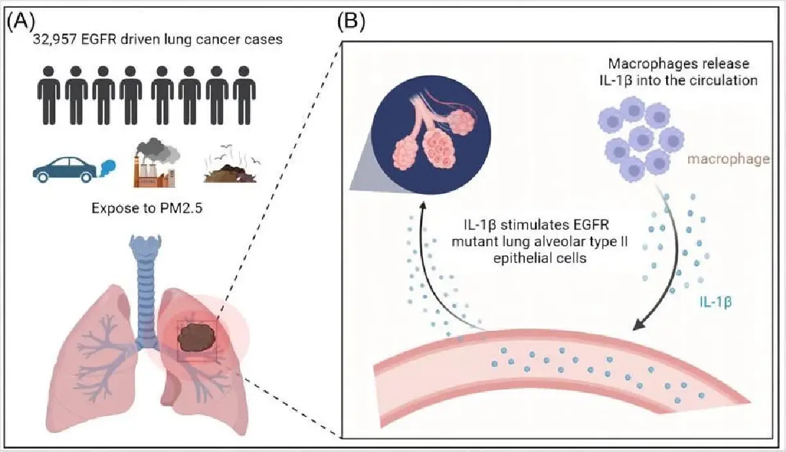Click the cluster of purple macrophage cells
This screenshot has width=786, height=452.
coord(633,140)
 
